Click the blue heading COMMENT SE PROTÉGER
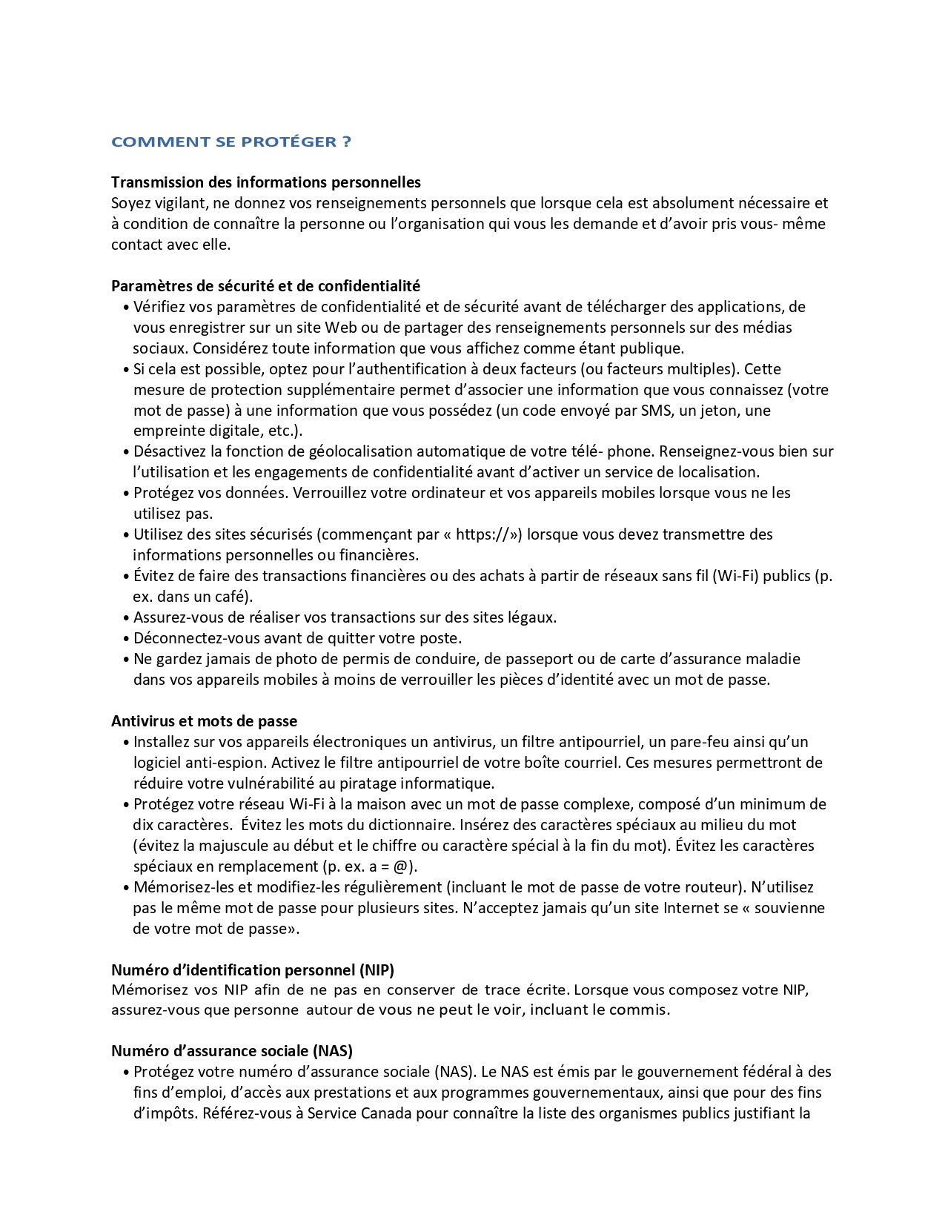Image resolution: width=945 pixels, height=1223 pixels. tap(231, 142)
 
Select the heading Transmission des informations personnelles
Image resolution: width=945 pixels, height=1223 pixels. tap(265, 182)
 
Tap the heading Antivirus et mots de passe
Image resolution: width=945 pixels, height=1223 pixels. tap(204, 721)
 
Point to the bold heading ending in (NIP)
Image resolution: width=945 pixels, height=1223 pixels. tap(252, 970)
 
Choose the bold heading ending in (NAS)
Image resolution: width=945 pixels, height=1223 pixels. tap(231, 1050)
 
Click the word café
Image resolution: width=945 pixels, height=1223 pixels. tap(233, 597)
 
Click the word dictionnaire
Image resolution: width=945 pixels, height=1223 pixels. tap(413, 825)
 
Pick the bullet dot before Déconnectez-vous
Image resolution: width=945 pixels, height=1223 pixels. tap(127, 638)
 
